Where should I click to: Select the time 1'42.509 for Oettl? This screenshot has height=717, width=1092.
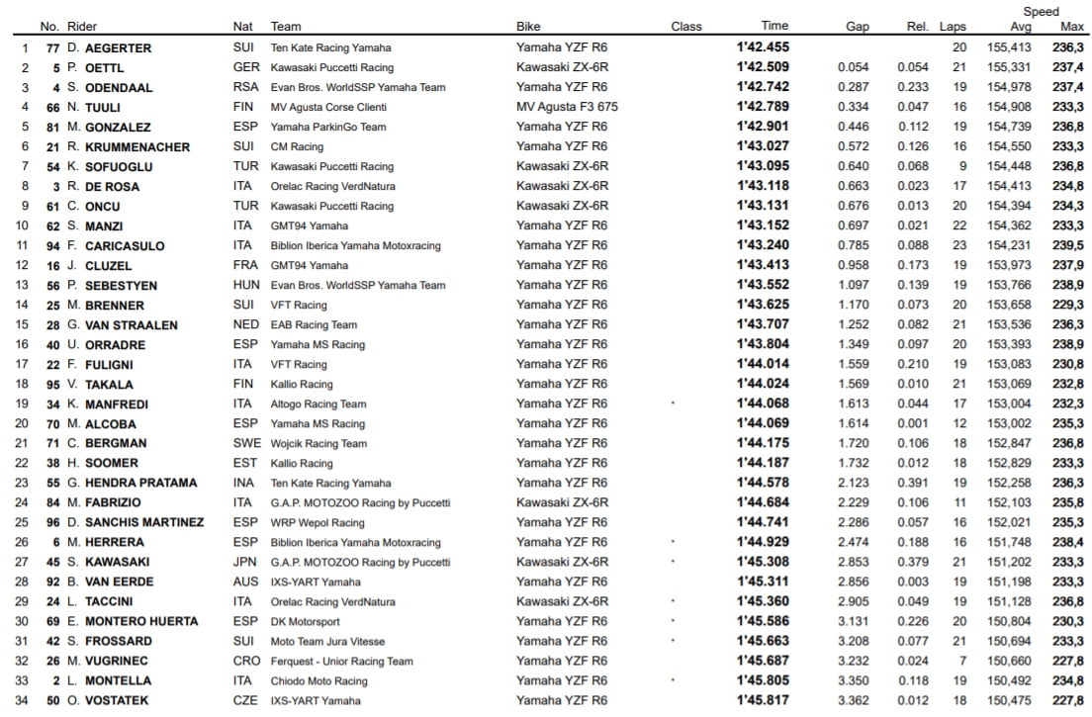[x=762, y=67]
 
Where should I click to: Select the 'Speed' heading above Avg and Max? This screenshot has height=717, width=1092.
[x=1041, y=12]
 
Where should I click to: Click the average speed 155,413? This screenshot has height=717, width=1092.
[x=1008, y=47]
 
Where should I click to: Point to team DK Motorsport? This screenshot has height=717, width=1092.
[x=305, y=621]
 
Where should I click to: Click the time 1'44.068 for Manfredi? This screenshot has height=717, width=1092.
[x=762, y=403]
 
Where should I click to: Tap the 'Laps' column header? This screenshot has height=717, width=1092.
[x=953, y=27]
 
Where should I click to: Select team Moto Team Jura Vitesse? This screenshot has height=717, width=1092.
[x=327, y=641]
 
